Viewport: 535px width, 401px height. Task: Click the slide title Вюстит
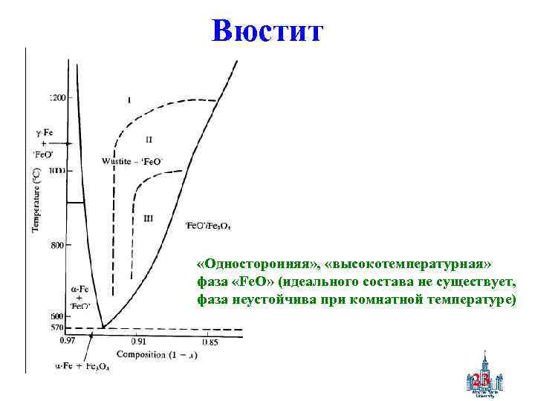click(267, 30)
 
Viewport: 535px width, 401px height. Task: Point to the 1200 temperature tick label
click(57, 97)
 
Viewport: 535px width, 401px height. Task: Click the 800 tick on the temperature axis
click(57, 245)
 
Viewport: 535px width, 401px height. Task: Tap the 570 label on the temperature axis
click(56, 327)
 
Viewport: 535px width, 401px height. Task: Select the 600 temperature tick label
click(56, 317)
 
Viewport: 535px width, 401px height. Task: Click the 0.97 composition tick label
click(68, 342)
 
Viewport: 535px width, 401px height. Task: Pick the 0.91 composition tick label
click(139, 342)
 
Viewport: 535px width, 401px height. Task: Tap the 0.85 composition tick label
click(209, 342)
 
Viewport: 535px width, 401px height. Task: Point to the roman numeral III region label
click(149, 218)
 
